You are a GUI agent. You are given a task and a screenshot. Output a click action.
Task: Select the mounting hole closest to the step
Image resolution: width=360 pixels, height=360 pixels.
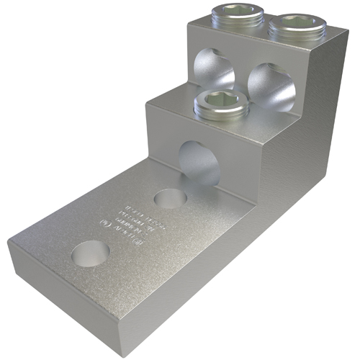tap(171, 198)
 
